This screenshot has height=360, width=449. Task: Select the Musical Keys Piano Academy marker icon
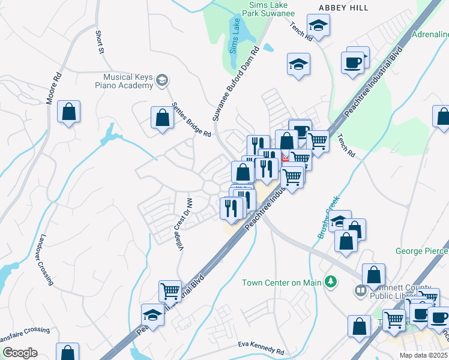coord(161,80)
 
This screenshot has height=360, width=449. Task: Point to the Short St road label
coord(99,41)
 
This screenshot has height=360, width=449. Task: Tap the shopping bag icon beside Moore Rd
coord(69,112)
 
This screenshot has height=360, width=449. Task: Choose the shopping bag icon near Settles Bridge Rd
coord(163,118)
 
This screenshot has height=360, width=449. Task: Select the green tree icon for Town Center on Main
coord(330,281)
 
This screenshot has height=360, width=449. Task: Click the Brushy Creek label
coord(328,217)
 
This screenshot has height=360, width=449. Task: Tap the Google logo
coord(20,352)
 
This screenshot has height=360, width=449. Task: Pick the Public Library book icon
coord(360,292)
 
